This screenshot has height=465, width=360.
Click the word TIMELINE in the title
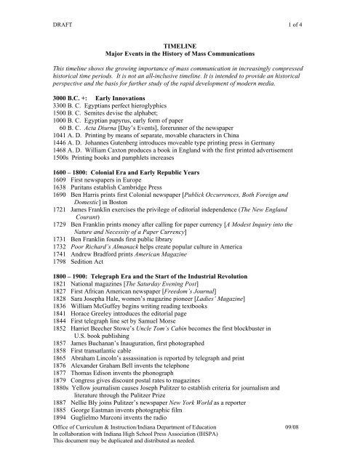pyautogui.click(x=180, y=44)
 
